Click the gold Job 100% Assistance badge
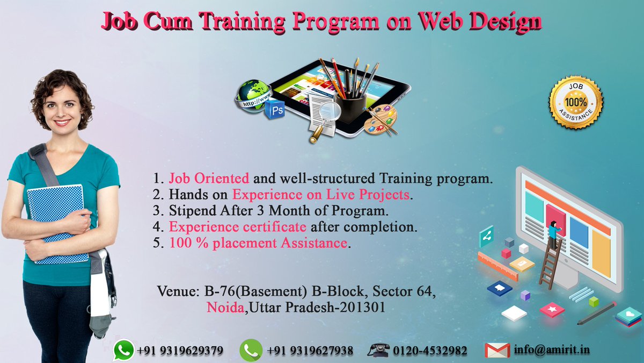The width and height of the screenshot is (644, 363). (575, 102)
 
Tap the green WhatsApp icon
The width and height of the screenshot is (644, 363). (123, 350)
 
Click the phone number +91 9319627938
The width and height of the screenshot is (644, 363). (310, 351)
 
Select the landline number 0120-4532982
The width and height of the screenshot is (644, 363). (429, 351)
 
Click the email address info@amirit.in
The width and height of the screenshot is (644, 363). (552, 350)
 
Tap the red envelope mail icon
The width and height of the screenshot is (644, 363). (497, 350)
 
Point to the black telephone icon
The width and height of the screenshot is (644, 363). (378, 350)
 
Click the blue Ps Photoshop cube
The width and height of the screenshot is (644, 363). (274, 109)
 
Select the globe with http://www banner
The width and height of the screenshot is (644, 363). (252, 94)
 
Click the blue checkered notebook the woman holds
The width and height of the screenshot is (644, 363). (57, 220)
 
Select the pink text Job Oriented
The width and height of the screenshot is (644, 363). (209, 178)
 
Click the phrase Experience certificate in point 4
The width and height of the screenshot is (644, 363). (238, 226)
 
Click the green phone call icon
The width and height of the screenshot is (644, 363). (251, 350)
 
